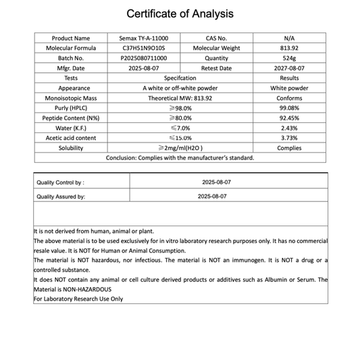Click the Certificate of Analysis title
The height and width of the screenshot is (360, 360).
pyautogui.click(x=180, y=14)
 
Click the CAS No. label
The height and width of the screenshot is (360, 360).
pyautogui.click(x=216, y=38)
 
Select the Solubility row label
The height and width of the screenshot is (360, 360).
pyautogui.click(x=70, y=148)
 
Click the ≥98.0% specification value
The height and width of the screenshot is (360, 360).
pyautogui.click(x=180, y=108)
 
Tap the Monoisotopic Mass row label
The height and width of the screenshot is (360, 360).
pyautogui.click(x=70, y=98)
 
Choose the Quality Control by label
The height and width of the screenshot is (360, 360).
pyautogui.click(x=61, y=182)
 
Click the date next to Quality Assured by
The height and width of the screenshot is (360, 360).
pyautogui.click(x=212, y=196)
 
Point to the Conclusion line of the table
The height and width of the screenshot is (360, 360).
pyautogui.click(x=180, y=158)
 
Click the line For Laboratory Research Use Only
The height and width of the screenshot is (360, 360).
pyautogui.click(x=78, y=299)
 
